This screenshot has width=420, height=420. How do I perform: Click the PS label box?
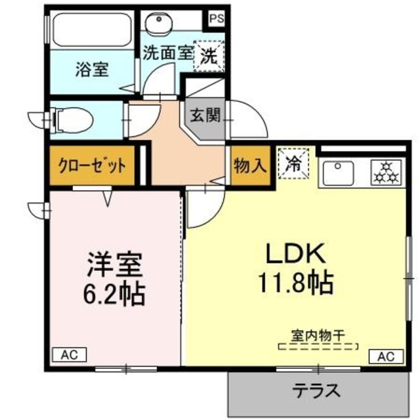(217, 18)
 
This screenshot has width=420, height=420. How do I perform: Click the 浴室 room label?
(91, 68)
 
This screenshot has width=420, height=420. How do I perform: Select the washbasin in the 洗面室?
(157, 26)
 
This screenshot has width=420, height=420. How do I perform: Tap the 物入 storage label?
(250, 166)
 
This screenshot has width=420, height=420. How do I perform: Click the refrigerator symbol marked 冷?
(293, 163)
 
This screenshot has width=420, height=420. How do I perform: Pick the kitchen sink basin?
(337, 174)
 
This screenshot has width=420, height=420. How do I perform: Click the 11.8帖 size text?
(295, 283)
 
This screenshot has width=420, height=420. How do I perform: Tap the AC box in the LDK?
(385, 357)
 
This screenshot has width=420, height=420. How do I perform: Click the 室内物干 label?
(319, 335)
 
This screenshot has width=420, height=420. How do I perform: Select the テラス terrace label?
(317, 391)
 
